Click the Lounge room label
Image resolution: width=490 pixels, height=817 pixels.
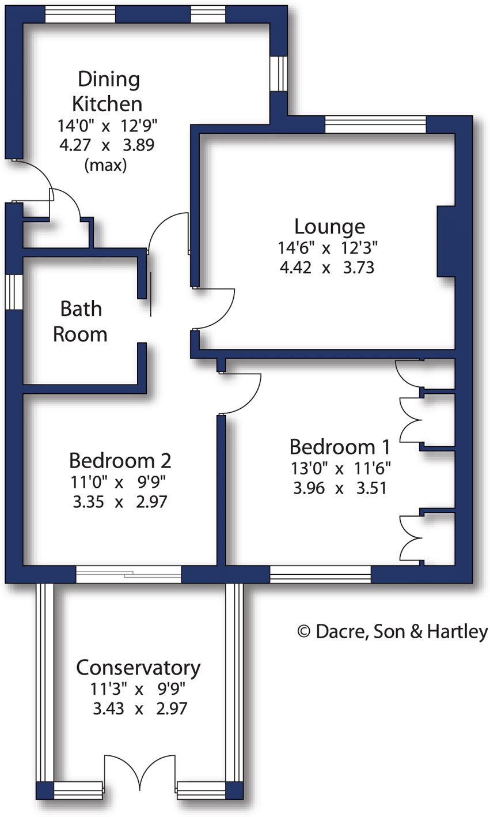coord(329,227)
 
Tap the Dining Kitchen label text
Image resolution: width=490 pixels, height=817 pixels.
coord(108,91)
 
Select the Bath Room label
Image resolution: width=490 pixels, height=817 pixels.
coord(81,322)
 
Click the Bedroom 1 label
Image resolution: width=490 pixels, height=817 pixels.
coord(340,447)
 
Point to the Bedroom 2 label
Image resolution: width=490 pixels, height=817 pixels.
coord(120,461)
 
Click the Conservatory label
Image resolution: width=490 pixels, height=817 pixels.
coord(138,668)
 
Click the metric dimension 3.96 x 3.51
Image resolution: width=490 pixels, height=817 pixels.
coord(340,488)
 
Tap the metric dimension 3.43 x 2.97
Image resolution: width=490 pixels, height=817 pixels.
coord(140,708)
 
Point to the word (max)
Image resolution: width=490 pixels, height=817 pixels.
coord(105,165)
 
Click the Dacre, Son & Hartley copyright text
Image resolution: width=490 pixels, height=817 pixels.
coord(393,632)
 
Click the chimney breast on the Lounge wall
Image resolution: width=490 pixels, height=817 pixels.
coord(446,241)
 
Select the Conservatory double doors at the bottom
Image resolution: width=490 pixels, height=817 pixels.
coord(140,773)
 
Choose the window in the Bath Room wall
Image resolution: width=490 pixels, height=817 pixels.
coord(14,292)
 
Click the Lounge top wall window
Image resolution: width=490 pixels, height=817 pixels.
coord(375,124)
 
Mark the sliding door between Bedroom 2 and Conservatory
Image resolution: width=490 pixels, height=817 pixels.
coord(128,574)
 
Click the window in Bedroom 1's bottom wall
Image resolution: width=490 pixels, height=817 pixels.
coord(320,574)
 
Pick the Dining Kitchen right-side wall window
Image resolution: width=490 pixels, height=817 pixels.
coord(279,73)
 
